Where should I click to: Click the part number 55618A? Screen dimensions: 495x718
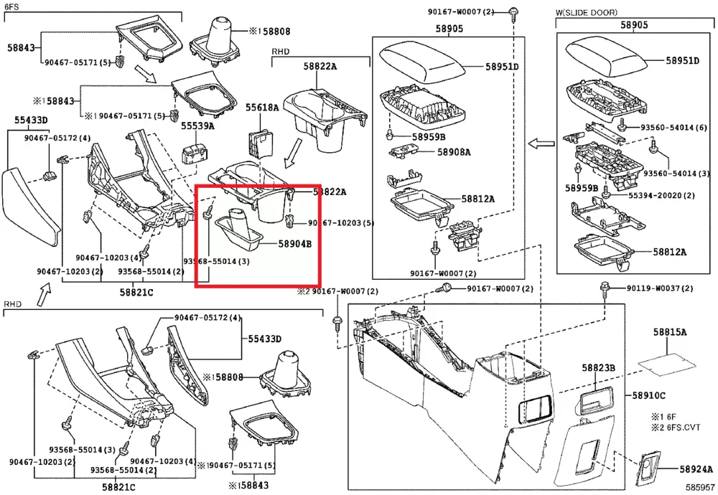pos(262,108)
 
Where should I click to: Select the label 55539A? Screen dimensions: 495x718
pos(197,126)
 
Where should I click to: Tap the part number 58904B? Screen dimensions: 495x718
pos(295,244)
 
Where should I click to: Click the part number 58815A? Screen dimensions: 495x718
pos(670,332)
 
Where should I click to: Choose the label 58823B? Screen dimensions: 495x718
pos(599,368)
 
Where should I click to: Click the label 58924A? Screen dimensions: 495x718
pos(696,469)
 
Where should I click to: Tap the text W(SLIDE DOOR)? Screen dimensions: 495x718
pos(586,12)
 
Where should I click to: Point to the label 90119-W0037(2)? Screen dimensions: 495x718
pos(659,288)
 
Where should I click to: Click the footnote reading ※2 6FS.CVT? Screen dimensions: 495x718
pos(674,428)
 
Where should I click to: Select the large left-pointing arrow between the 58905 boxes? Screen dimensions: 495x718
pos(539,144)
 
